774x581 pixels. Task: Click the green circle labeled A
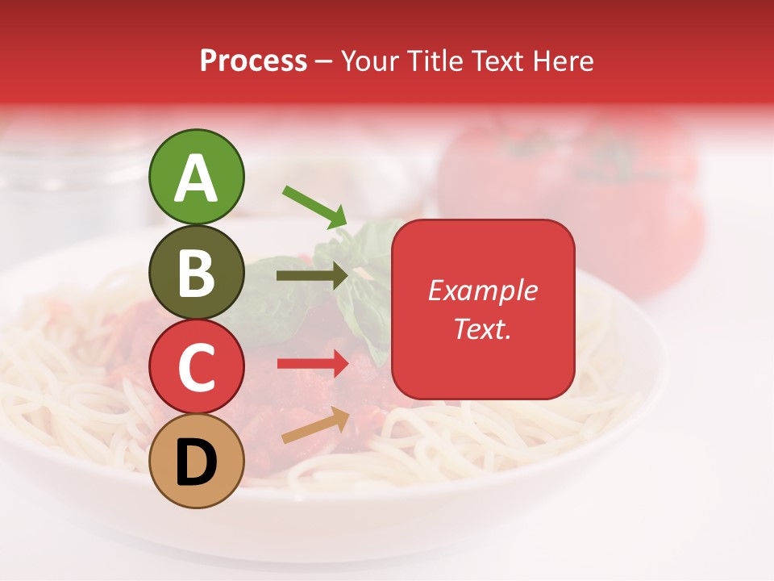[x=197, y=177]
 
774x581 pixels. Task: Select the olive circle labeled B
[x=197, y=272]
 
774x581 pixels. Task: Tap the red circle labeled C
[x=197, y=367]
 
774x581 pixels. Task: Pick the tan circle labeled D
[x=197, y=462]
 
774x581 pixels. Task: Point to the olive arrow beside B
[x=312, y=276]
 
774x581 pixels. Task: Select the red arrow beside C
[x=312, y=364]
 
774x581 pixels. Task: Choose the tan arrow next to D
[x=315, y=425]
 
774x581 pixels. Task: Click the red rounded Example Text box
[x=483, y=309]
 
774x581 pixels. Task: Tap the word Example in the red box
[x=483, y=290]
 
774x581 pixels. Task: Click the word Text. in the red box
[x=483, y=328]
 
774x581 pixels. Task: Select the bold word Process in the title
[x=253, y=61]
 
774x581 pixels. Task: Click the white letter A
[x=197, y=178]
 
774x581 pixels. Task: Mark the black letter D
[x=197, y=462]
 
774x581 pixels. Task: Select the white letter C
[x=197, y=367]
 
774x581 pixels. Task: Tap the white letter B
[x=197, y=273]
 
